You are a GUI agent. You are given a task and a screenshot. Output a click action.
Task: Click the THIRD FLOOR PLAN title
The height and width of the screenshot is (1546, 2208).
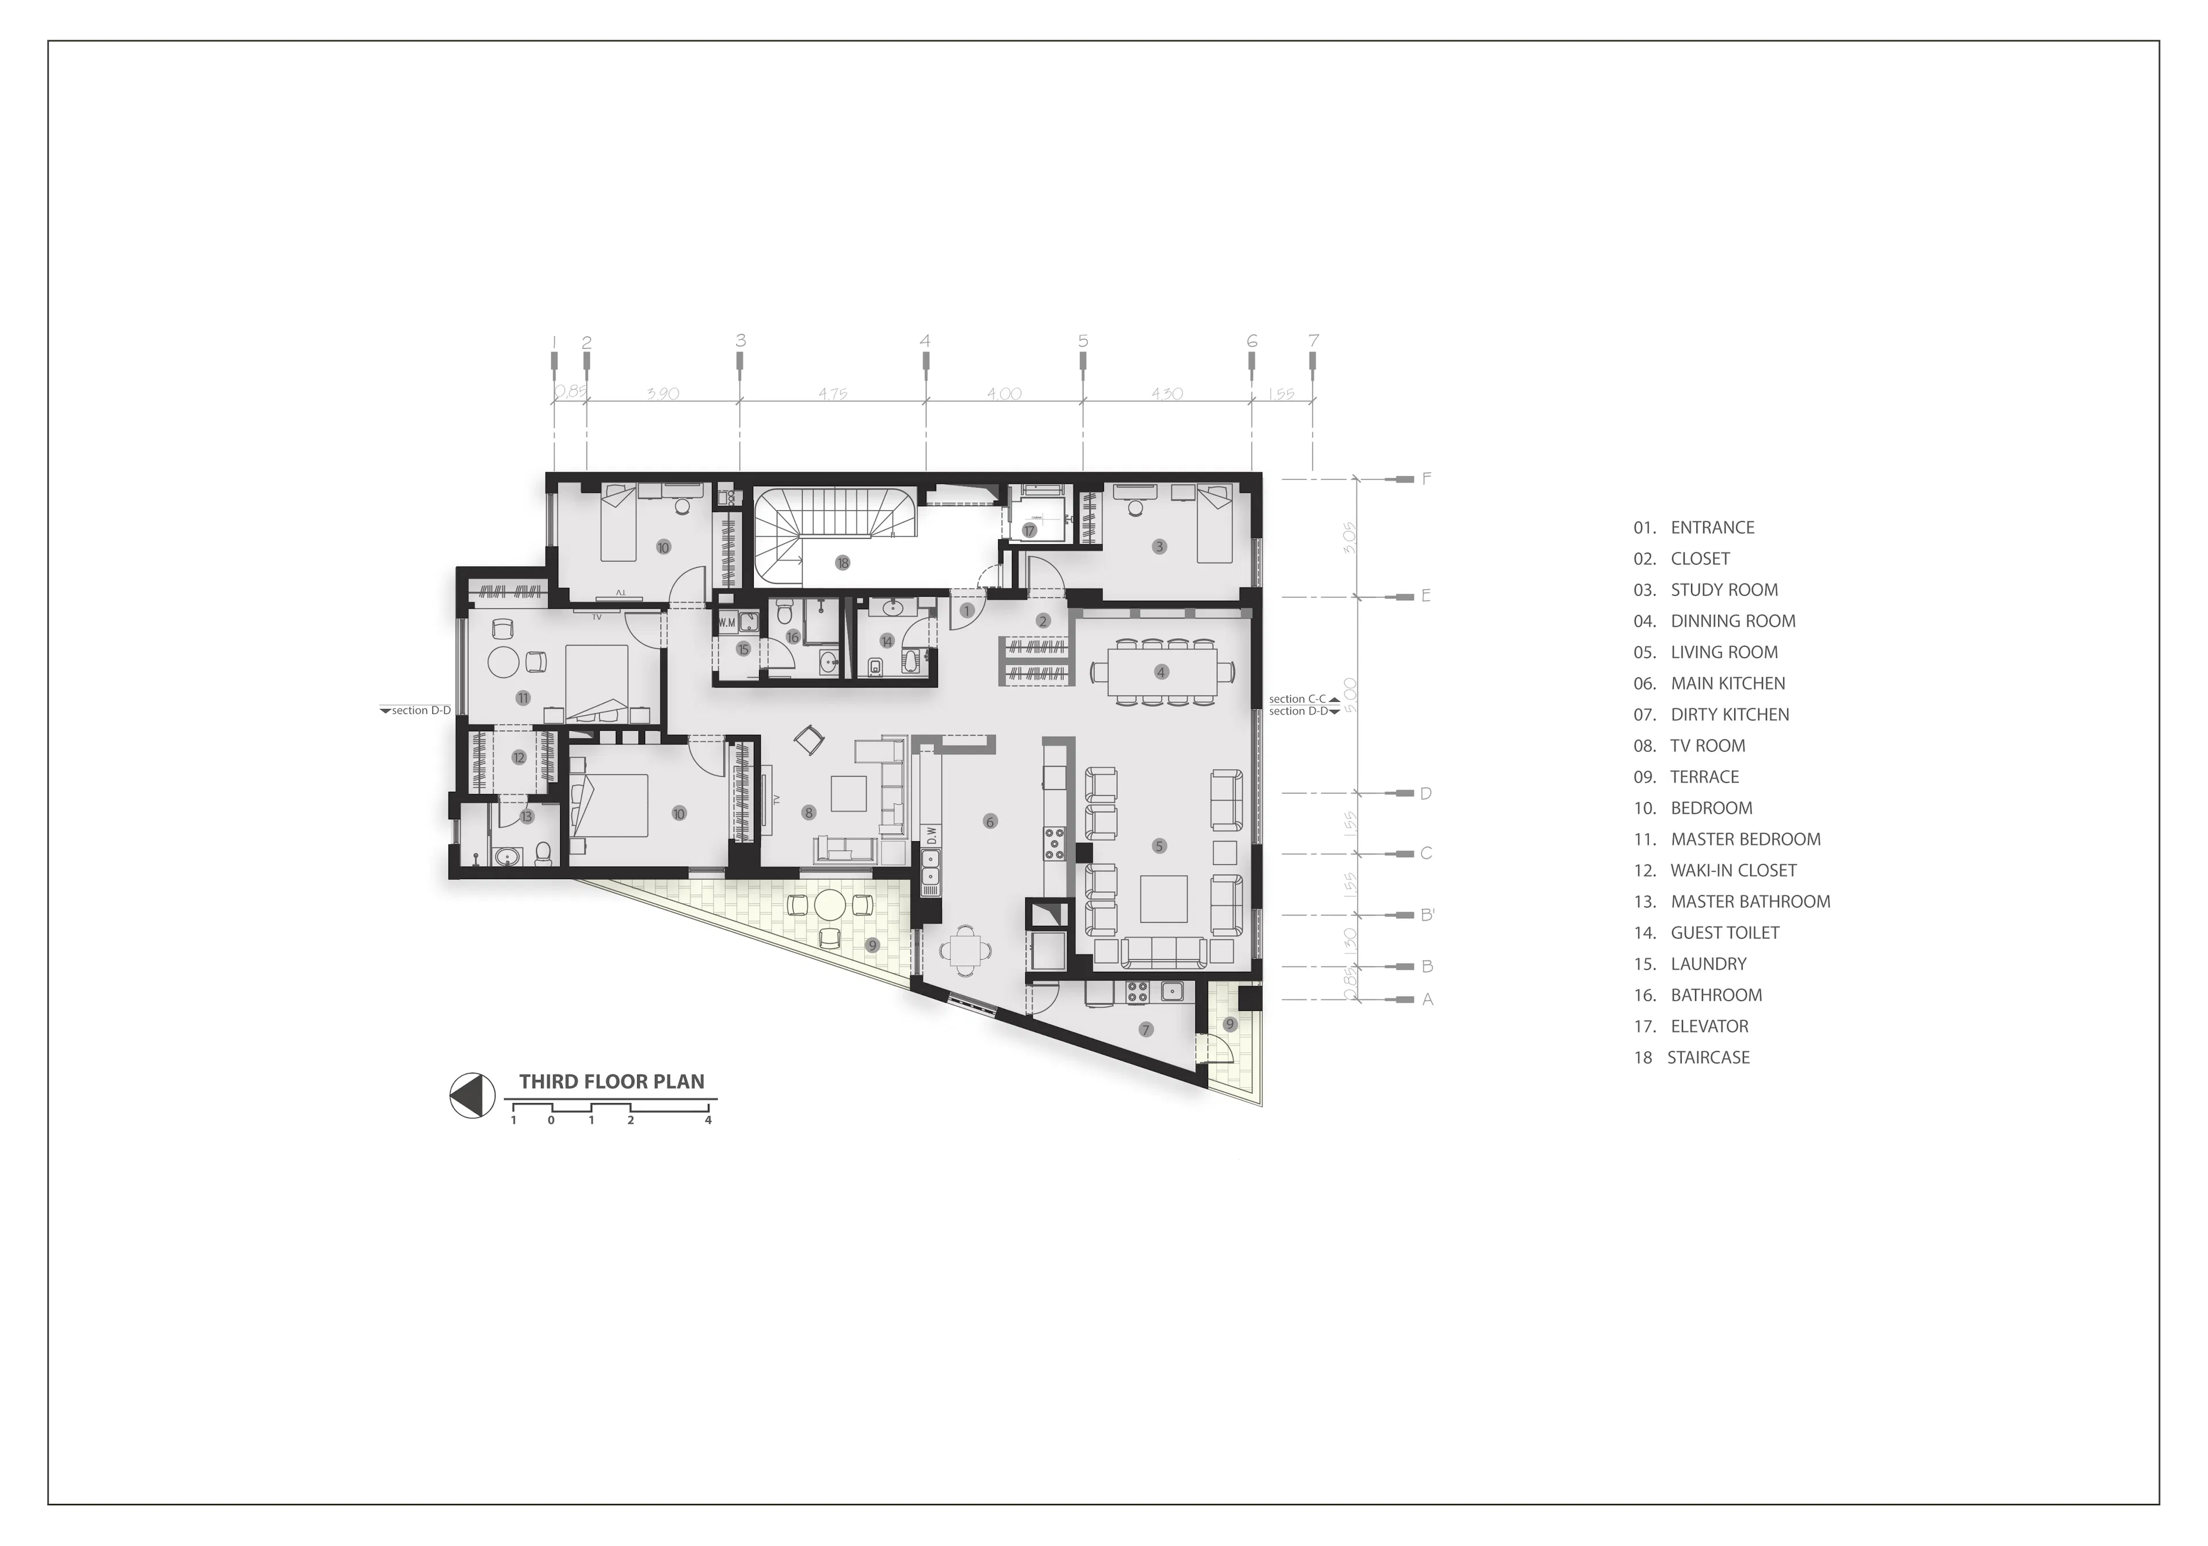[612, 1081]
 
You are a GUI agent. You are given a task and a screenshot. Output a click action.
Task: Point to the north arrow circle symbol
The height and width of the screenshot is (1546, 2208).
[472, 1095]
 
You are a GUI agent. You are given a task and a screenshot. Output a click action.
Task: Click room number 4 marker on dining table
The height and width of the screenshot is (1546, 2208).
[1161, 673]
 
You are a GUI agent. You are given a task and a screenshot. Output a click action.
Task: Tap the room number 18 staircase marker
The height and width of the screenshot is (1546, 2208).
[842, 563]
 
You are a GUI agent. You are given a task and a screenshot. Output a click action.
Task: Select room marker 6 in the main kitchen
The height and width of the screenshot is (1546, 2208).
[990, 822]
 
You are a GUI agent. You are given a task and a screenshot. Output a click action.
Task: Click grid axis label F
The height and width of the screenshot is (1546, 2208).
[1426, 478]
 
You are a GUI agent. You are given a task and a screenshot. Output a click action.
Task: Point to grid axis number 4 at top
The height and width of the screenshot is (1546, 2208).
[925, 341]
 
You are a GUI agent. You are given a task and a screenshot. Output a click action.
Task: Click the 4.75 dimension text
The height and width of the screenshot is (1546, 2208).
[833, 394]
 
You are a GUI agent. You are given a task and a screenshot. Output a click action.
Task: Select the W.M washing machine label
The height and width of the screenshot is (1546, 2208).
[726, 623]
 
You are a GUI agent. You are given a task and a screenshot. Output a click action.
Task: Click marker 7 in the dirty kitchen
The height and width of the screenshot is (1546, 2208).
[1145, 1029]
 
